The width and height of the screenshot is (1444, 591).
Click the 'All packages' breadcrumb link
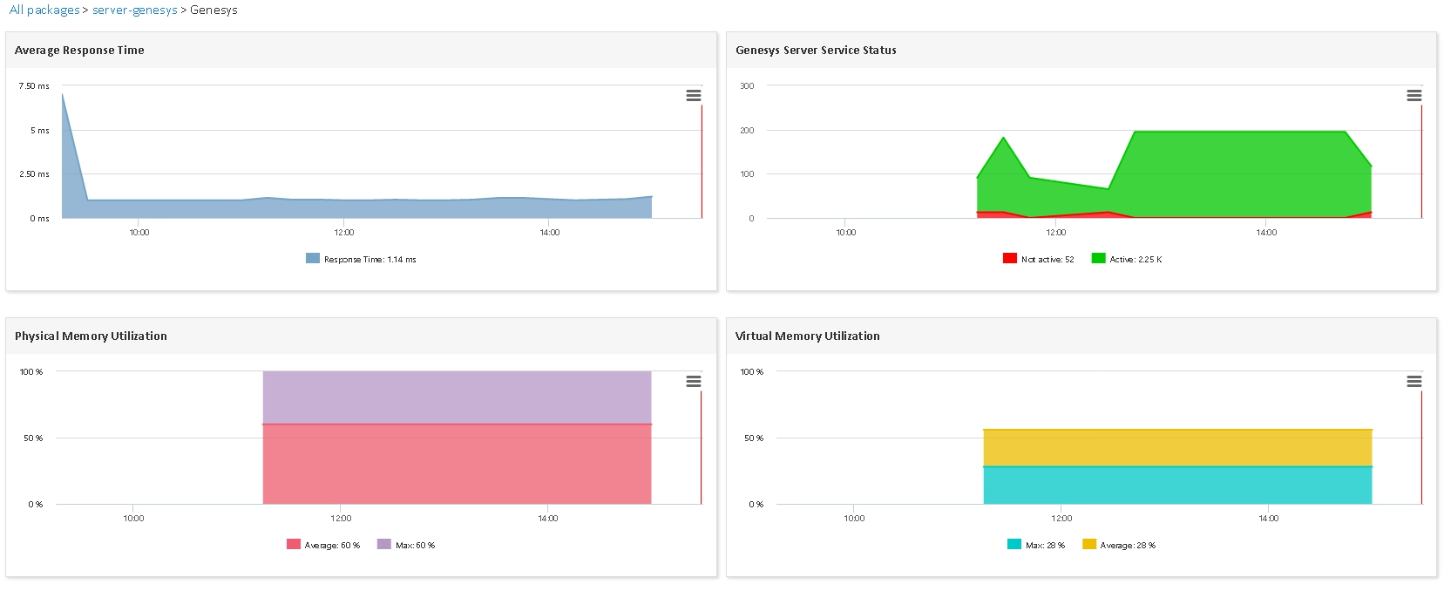44,10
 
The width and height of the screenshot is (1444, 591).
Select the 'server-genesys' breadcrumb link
135,10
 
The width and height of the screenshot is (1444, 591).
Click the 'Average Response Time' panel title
79,51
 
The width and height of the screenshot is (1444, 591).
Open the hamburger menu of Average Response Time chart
694,95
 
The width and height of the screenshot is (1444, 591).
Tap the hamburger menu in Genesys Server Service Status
1414,95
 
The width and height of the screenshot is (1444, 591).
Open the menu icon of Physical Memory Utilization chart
694,382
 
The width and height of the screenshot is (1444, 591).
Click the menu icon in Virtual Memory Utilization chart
1414,382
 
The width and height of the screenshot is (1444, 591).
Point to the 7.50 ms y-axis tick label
34,85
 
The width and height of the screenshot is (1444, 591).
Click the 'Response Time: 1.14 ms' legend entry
361,259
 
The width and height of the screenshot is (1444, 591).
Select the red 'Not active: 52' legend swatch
1009,258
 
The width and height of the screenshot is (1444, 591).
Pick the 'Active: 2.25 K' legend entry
1127,259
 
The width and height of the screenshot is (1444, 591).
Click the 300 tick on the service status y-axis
747,85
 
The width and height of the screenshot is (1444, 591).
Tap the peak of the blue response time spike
63,94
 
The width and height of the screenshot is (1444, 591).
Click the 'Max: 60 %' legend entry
406,545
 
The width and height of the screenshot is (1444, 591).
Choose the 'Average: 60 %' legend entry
323,545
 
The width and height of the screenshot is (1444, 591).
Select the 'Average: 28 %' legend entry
1119,545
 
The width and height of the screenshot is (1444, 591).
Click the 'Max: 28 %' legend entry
1036,545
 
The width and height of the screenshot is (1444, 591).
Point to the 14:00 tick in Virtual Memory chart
1269,518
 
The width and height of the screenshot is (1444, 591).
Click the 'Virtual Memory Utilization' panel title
807,336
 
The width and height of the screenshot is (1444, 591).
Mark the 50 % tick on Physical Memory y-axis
33,438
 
